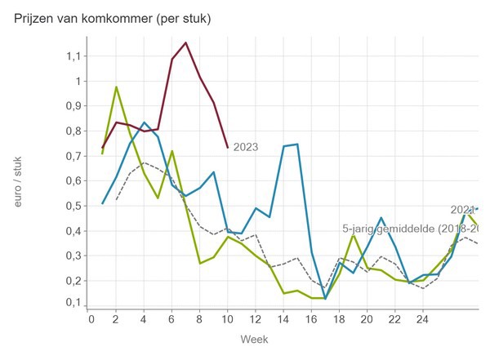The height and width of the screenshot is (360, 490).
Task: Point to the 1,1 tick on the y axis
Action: [x=75, y=56]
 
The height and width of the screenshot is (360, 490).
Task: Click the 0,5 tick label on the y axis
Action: [x=75, y=206]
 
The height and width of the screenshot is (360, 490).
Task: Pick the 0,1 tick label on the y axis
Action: [x=75, y=304]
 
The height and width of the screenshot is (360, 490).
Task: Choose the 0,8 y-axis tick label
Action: [x=75, y=131]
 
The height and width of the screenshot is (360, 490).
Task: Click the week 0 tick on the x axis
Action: [x=91, y=319]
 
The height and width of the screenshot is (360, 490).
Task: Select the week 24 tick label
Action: [x=421, y=319]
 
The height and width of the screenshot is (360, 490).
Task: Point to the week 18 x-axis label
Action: [x=338, y=319]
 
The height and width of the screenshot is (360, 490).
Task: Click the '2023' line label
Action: [x=245, y=148]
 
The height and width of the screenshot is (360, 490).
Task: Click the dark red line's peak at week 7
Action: [x=186, y=42]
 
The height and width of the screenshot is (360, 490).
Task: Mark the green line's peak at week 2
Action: [x=116, y=87]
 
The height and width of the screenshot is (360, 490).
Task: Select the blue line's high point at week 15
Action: [x=297, y=144]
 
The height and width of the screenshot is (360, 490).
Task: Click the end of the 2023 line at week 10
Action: [x=228, y=147]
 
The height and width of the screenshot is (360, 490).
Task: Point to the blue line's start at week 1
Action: [x=103, y=203]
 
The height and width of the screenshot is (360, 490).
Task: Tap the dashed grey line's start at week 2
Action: [x=117, y=200]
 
